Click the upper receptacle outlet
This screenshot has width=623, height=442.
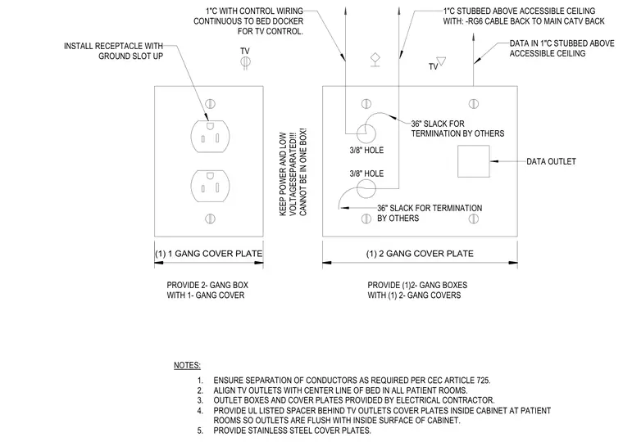[x=210, y=136]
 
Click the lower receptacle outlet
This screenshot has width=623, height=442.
[x=210, y=186]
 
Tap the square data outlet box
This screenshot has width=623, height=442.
[x=473, y=161]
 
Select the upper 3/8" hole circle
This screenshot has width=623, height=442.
[x=366, y=133]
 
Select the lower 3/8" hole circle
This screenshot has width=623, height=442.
[x=366, y=188]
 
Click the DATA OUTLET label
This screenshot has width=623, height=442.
[x=551, y=161]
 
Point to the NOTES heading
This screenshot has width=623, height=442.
[x=187, y=365]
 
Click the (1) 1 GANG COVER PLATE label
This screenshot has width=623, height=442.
[x=208, y=254]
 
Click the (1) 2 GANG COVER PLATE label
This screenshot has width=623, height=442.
[x=420, y=254]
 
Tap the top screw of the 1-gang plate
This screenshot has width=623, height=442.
[x=210, y=104]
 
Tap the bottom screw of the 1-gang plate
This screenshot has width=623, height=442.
[x=210, y=219]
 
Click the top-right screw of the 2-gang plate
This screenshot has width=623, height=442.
[x=473, y=104]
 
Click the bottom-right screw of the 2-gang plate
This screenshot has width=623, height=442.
[x=473, y=219]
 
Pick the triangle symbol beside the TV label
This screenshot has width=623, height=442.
[x=441, y=61]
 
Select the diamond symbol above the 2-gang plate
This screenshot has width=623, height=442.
[x=375, y=59]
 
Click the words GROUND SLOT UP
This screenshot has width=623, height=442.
[x=130, y=56]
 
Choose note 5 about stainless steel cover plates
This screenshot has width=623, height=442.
[x=284, y=431]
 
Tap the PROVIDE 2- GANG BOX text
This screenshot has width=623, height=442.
[x=207, y=285]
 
